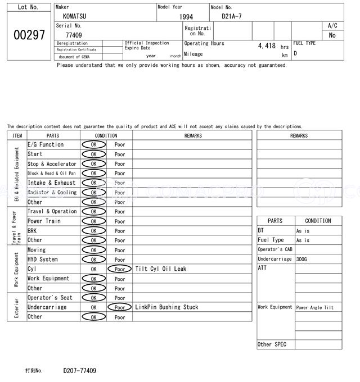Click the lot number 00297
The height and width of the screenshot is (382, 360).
29,35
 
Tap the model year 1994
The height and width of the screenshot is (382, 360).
186,17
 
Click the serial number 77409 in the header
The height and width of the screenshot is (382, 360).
74,35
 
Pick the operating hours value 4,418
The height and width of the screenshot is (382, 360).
267,46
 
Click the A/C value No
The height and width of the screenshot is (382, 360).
332,35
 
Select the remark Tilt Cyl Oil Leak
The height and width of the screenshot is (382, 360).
160,269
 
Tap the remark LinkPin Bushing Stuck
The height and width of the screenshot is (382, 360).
166,307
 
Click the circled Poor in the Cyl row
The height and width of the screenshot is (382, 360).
120,269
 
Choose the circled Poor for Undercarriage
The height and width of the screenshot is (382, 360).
120,307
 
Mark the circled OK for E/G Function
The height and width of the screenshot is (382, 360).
93,145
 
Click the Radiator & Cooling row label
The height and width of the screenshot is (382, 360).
52,192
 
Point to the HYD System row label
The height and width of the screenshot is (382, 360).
42,260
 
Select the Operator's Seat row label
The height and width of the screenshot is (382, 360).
49,298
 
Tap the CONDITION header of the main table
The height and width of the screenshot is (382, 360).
106,135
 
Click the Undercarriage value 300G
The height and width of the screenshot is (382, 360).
303,260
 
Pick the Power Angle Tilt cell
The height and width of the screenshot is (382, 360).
314,308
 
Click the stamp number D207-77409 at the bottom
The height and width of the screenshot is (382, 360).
79,371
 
